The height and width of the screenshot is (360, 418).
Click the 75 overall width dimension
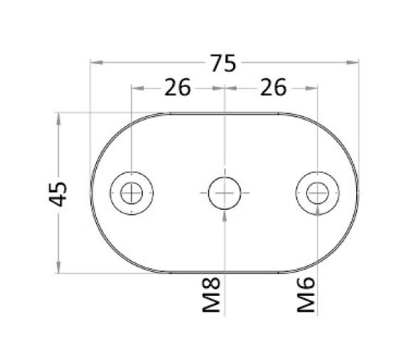pyautogui.click(x=223, y=64)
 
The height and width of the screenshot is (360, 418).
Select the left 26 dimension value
pyautogui.click(x=178, y=88)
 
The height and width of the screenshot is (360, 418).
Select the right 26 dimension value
pyautogui.click(x=273, y=88)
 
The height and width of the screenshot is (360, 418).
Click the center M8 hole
pyautogui.click(x=224, y=192)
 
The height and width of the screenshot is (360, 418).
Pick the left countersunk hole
pyautogui.click(x=132, y=192)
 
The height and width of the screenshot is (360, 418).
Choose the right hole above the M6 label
pyautogui.click(x=316, y=192)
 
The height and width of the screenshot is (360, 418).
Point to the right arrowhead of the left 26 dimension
pyautogui.click(x=219, y=88)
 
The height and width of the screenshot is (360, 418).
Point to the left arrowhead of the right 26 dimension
pyautogui.click(x=229, y=88)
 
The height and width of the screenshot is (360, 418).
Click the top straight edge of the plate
pyautogui.click(x=224, y=113)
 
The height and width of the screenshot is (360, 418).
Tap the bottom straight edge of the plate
pyautogui.click(x=224, y=272)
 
